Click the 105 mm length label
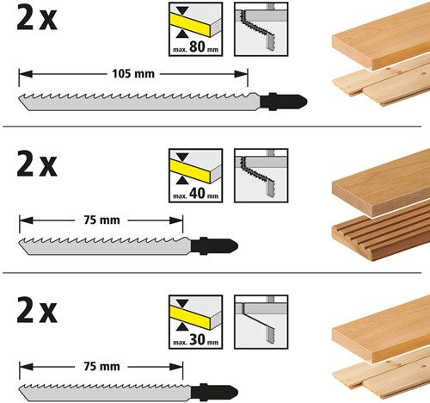(x=133, y=74)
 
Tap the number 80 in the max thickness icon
(x=197, y=46)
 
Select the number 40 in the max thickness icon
(x=197, y=193)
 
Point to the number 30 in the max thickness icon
(x=197, y=339)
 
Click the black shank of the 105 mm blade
(x=283, y=102)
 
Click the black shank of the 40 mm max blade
(x=214, y=246)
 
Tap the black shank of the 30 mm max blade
(x=214, y=392)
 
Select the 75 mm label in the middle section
(x=101, y=220)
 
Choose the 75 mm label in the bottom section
(x=101, y=367)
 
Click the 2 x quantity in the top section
(x=37, y=18)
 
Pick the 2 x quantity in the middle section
(x=37, y=164)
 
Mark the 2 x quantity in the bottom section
(x=37, y=311)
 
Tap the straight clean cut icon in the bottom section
(x=261, y=322)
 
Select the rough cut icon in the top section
(x=261, y=29)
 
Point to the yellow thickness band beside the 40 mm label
(x=190, y=171)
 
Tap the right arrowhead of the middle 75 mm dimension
(x=176, y=220)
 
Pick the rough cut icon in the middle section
(x=261, y=176)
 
